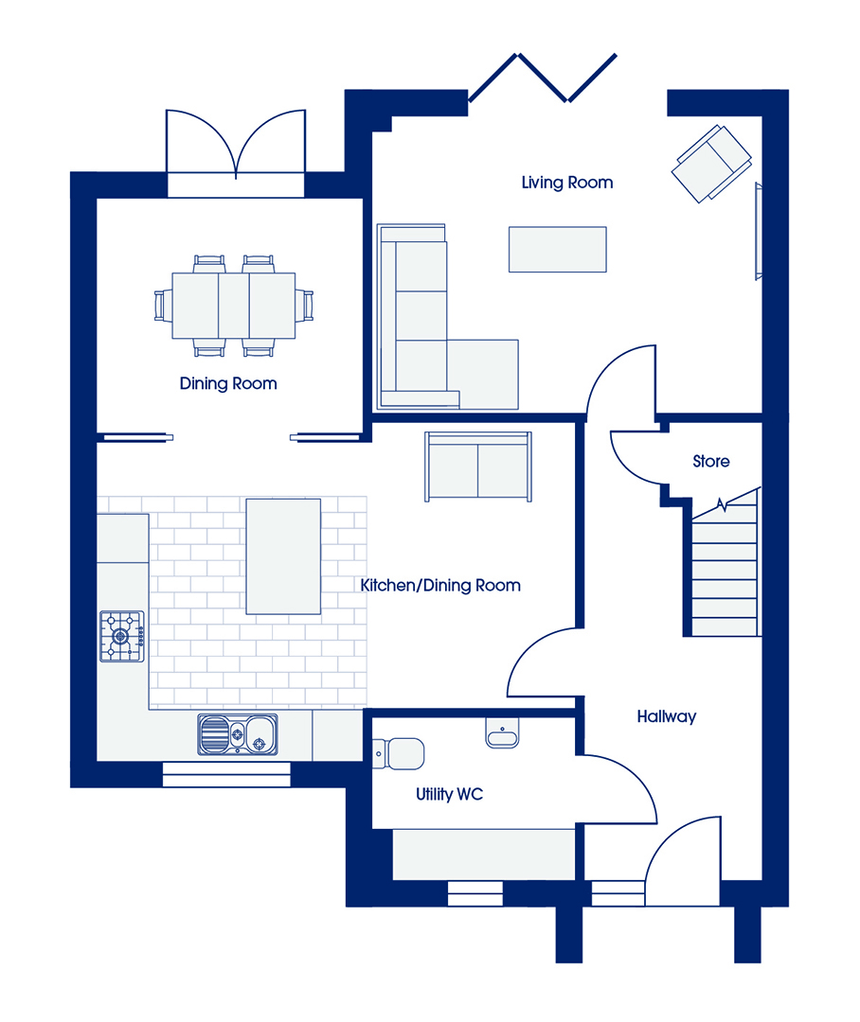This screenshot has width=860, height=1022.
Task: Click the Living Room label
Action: click(x=567, y=184)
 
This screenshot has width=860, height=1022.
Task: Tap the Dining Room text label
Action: click(x=228, y=383)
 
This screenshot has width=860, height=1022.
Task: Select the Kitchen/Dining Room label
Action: click(x=440, y=586)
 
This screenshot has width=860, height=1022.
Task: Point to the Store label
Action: click(x=710, y=462)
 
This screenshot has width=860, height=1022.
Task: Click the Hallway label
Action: click(x=666, y=717)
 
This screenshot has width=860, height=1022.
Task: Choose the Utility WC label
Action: click(x=450, y=794)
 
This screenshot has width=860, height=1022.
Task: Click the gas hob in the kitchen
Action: click(x=122, y=636)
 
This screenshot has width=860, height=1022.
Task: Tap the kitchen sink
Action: click(x=238, y=734)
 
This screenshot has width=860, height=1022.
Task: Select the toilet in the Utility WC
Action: click(x=398, y=754)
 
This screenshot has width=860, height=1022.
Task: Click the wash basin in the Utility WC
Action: click(x=502, y=733)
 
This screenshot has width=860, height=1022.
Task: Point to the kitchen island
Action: click(x=283, y=556)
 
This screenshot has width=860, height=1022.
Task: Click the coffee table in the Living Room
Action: click(x=557, y=249)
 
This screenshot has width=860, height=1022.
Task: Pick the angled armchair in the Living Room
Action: click(x=711, y=164)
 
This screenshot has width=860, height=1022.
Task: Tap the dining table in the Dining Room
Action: click(x=234, y=306)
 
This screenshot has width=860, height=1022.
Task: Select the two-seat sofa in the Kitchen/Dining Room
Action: click(x=478, y=467)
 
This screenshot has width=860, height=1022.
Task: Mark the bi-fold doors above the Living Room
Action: click(x=543, y=79)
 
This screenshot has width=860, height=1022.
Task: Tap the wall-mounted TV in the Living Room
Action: click(x=759, y=232)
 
